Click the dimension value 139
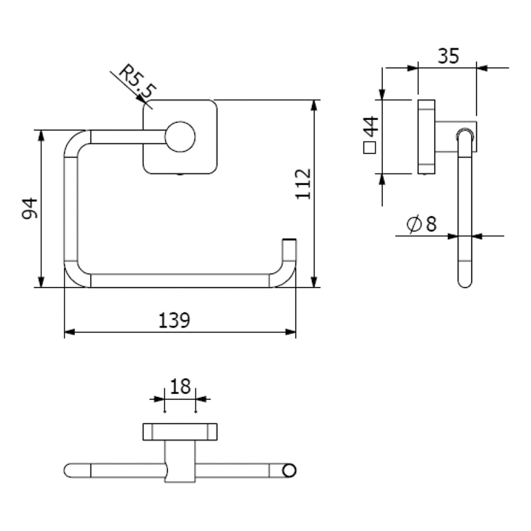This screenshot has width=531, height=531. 174,320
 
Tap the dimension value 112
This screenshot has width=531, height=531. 303,184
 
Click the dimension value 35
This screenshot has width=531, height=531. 448,56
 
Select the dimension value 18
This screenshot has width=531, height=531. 180,386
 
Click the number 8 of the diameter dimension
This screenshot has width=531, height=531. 431,224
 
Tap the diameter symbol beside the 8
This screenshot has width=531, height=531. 414,224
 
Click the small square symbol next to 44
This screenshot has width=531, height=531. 370,148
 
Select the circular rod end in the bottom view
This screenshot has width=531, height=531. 289,470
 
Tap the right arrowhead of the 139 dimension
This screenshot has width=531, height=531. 291,332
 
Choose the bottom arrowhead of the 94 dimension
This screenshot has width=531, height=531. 41,282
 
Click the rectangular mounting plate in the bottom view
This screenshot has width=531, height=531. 180,432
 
